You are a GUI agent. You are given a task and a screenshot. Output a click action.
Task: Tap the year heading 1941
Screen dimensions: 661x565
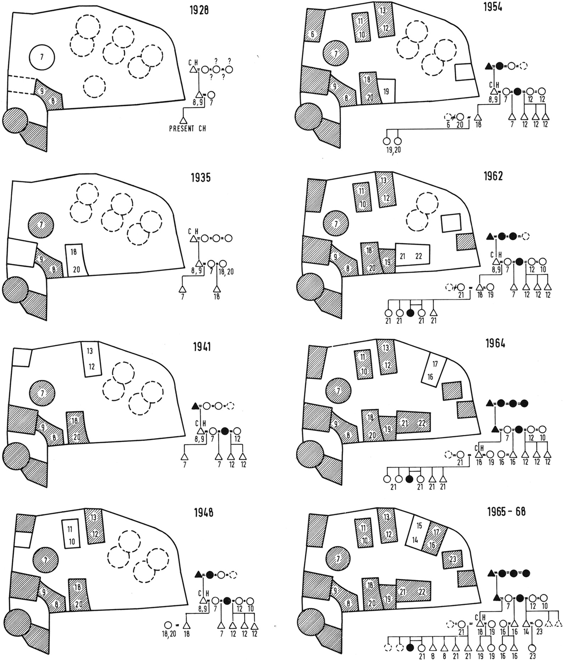click(x=202, y=347)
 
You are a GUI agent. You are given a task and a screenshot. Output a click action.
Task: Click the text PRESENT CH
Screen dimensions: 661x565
click(x=187, y=129)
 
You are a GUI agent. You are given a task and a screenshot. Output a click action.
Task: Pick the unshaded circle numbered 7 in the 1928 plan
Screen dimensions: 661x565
click(x=42, y=57)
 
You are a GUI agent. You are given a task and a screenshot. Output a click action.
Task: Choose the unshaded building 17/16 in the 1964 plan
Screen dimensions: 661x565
click(x=434, y=370)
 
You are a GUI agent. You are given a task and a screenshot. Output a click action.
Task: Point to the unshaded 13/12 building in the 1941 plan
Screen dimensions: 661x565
click(x=91, y=359)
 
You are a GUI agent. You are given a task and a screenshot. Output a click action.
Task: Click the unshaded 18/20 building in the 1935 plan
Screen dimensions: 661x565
click(x=76, y=260)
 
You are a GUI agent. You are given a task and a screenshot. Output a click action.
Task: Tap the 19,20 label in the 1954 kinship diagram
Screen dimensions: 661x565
click(x=393, y=150)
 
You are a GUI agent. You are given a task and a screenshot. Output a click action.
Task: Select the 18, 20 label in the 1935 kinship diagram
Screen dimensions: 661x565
click(x=226, y=271)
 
